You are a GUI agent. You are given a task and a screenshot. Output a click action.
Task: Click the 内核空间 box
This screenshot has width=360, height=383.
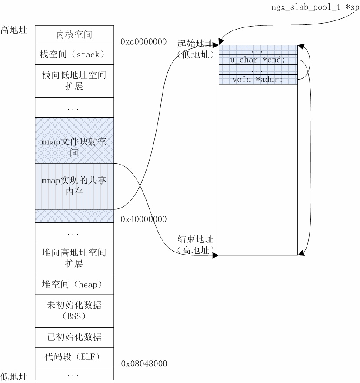tap(74, 35)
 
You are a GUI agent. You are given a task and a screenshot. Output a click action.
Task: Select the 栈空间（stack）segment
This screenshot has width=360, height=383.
tap(74, 55)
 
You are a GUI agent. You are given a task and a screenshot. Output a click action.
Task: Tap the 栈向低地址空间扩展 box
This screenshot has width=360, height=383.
tap(74, 81)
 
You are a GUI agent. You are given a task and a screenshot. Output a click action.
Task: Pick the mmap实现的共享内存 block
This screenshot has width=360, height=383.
tap(74, 186)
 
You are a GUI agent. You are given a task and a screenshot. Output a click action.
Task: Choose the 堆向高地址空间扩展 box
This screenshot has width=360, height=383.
tap(74, 258)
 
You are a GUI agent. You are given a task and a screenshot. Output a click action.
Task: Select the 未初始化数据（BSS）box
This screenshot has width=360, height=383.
tap(74, 310)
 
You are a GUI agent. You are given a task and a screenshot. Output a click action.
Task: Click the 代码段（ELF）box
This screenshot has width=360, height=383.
tap(74, 357)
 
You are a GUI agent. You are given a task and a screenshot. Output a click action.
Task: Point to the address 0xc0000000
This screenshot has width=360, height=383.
tap(144, 42)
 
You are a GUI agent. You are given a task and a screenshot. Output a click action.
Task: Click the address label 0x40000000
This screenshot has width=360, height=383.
tap(144, 218)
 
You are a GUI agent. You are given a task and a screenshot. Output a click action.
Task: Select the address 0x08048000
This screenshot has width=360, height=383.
tap(144, 363)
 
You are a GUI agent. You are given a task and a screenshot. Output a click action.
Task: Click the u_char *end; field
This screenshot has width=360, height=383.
tap(258, 60)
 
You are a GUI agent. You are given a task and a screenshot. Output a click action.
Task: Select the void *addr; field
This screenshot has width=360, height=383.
tap(258, 79)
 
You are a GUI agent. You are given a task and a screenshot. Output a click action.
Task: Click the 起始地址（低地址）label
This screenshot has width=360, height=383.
tap(195, 49)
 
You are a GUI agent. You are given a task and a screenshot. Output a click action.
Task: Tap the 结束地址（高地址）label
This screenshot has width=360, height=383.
tap(195, 245)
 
